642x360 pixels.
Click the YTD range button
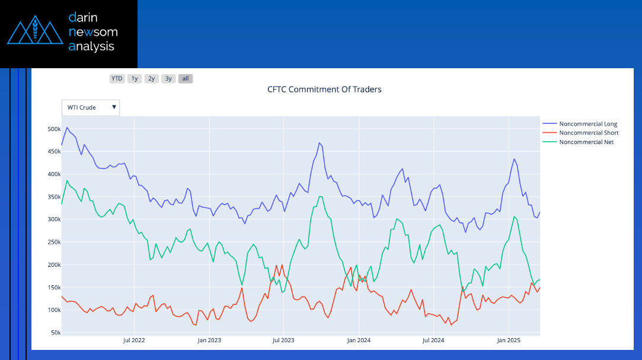pos(117,78)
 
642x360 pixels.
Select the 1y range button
pos(135,78)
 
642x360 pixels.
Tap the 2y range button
pos(152,78)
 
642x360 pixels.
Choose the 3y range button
pos(169,78)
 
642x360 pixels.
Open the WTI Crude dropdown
pos(91,107)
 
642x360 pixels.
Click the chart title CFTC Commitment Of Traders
pos(324,90)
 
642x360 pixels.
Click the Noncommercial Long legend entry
pos(588,124)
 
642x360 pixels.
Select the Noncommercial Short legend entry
pos(589,133)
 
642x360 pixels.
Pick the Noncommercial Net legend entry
pos(586,142)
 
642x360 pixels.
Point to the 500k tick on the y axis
pos(53,129)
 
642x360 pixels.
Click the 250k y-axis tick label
pos(53,242)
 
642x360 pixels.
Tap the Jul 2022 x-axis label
pos(134,340)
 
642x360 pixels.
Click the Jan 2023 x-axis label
pos(209,340)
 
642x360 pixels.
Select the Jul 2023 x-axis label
pos(283,340)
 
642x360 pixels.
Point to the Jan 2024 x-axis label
pos(359,340)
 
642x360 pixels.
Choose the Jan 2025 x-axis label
pos(509,340)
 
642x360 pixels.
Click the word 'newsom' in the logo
pos(93,31)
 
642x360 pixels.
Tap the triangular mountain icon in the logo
pos(35,32)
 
